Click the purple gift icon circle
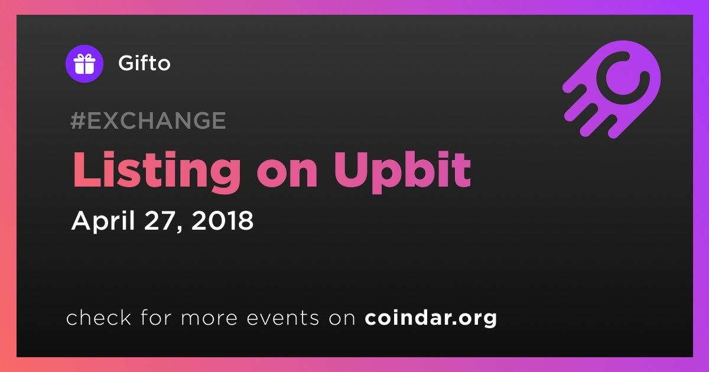click(x=84, y=64)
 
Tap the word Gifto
click(x=144, y=63)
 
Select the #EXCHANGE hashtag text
click(x=148, y=120)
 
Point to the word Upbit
click(x=402, y=171)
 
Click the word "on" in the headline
click(x=287, y=175)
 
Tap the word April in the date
click(x=103, y=221)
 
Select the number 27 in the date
click(x=160, y=220)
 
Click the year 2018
click(x=223, y=220)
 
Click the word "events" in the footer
click(x=283, y=318)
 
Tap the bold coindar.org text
click(x=431, y=318)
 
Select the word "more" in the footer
click(x=209, y=318)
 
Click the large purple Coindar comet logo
click(x=612, y=90)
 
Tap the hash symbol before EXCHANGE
click(x=78, y=120)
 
